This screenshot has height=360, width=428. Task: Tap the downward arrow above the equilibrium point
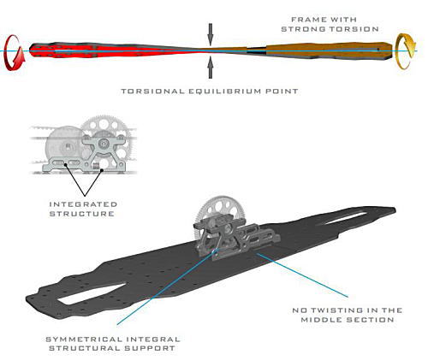[211, 34]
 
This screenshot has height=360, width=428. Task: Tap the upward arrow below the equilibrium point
[211, 68]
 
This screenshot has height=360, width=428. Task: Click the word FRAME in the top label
[305, 20]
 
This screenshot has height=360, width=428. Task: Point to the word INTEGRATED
[83, 204]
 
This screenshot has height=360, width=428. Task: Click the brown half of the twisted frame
[314, 50]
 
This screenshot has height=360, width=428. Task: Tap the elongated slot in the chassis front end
[92, 293]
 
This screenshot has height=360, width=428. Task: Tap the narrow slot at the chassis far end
[342, 219]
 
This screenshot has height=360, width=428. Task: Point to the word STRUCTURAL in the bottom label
[85, 348]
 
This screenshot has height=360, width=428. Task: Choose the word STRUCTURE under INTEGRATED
[82, 214]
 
